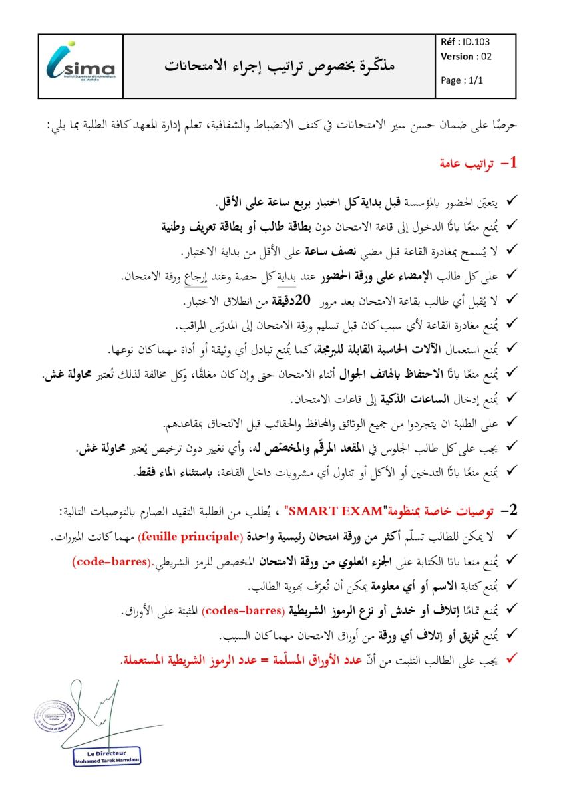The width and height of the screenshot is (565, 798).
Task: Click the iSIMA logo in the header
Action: (81, 66)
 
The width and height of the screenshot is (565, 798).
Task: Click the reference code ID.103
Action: (478, 41)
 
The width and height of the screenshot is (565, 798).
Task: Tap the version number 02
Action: (486, 57)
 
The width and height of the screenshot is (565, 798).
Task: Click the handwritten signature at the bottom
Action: (100, 708)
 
